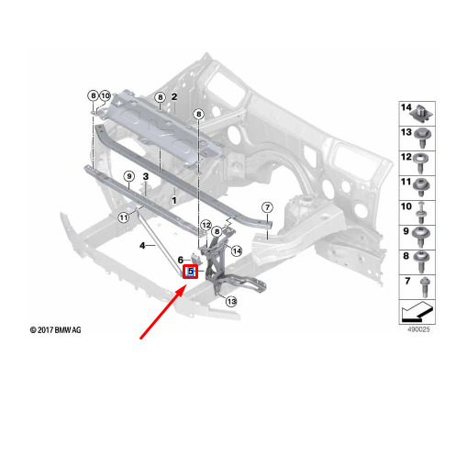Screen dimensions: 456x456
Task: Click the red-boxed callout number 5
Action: (x=190, y=272)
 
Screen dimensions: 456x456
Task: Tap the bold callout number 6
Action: (x=181, y=260)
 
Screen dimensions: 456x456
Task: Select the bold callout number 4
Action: (x=142, y=245)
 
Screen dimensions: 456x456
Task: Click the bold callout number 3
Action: (x=146, y=176)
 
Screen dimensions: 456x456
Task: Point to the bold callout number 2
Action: (x=174, y=96)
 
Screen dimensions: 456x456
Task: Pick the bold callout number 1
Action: (x=174, y=201)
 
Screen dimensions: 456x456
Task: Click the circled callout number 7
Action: (x=267, y=207)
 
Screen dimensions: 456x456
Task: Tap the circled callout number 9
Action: (x=129, y=176)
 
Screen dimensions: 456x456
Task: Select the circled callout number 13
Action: (x=231, y=302)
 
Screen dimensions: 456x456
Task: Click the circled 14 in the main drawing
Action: (x=237, y=251)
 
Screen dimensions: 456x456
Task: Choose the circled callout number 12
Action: (x=206, y=226)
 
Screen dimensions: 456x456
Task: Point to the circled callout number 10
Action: (x=105, y=95)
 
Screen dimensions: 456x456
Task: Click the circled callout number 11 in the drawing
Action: (x=124, y=217)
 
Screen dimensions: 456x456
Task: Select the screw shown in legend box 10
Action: (x=421, y=214)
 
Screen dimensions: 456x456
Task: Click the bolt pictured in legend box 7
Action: (x=425, y=287)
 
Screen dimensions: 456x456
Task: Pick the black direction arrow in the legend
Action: (x=417, y=312)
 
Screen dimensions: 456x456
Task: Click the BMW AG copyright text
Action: (x=56, y=330)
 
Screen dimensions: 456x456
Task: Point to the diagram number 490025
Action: (x=418, y=329)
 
